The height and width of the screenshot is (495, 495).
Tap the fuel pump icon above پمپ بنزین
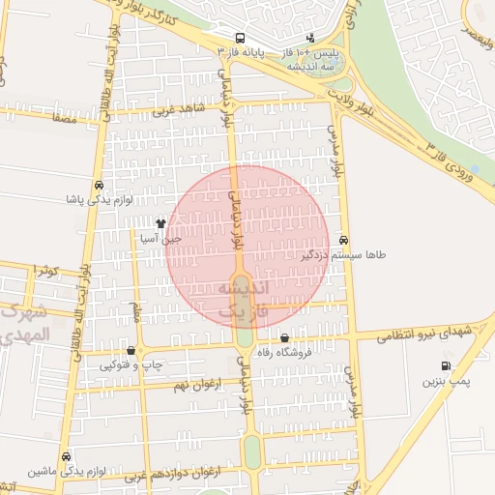445,366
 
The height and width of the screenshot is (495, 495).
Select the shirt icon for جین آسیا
160,223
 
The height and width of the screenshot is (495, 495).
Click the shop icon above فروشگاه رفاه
283,338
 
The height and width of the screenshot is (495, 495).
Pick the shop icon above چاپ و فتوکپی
131,350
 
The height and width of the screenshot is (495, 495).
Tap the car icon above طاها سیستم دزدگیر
344,241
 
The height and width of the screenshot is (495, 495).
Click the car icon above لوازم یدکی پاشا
99,186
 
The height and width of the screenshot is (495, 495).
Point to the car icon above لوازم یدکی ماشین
66,456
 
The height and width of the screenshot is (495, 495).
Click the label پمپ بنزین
446,383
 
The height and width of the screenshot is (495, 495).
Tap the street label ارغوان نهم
193,385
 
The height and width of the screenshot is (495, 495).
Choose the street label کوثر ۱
44,270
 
